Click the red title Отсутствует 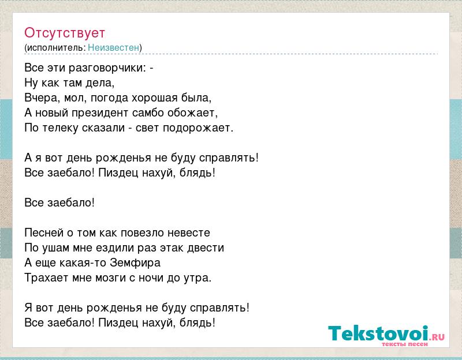pyautogui.click(x=65, y=33)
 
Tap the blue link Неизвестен pyautogui.click(x=113, y=47)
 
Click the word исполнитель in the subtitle pyautogui.click(x=56, y=48)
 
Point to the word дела pyautogui.click(x=100, y=83)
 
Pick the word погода pyautogui.click(x=109, y=98)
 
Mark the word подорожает pyautogui.click(x=198, y=128)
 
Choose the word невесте pyautogui.click(x=189, y=233)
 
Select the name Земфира pyautogui.click(x=135, y=263)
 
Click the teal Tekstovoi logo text pyautogui.click(x=378, y=333)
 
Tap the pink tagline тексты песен pyautogui.click(x=405, y=344)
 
